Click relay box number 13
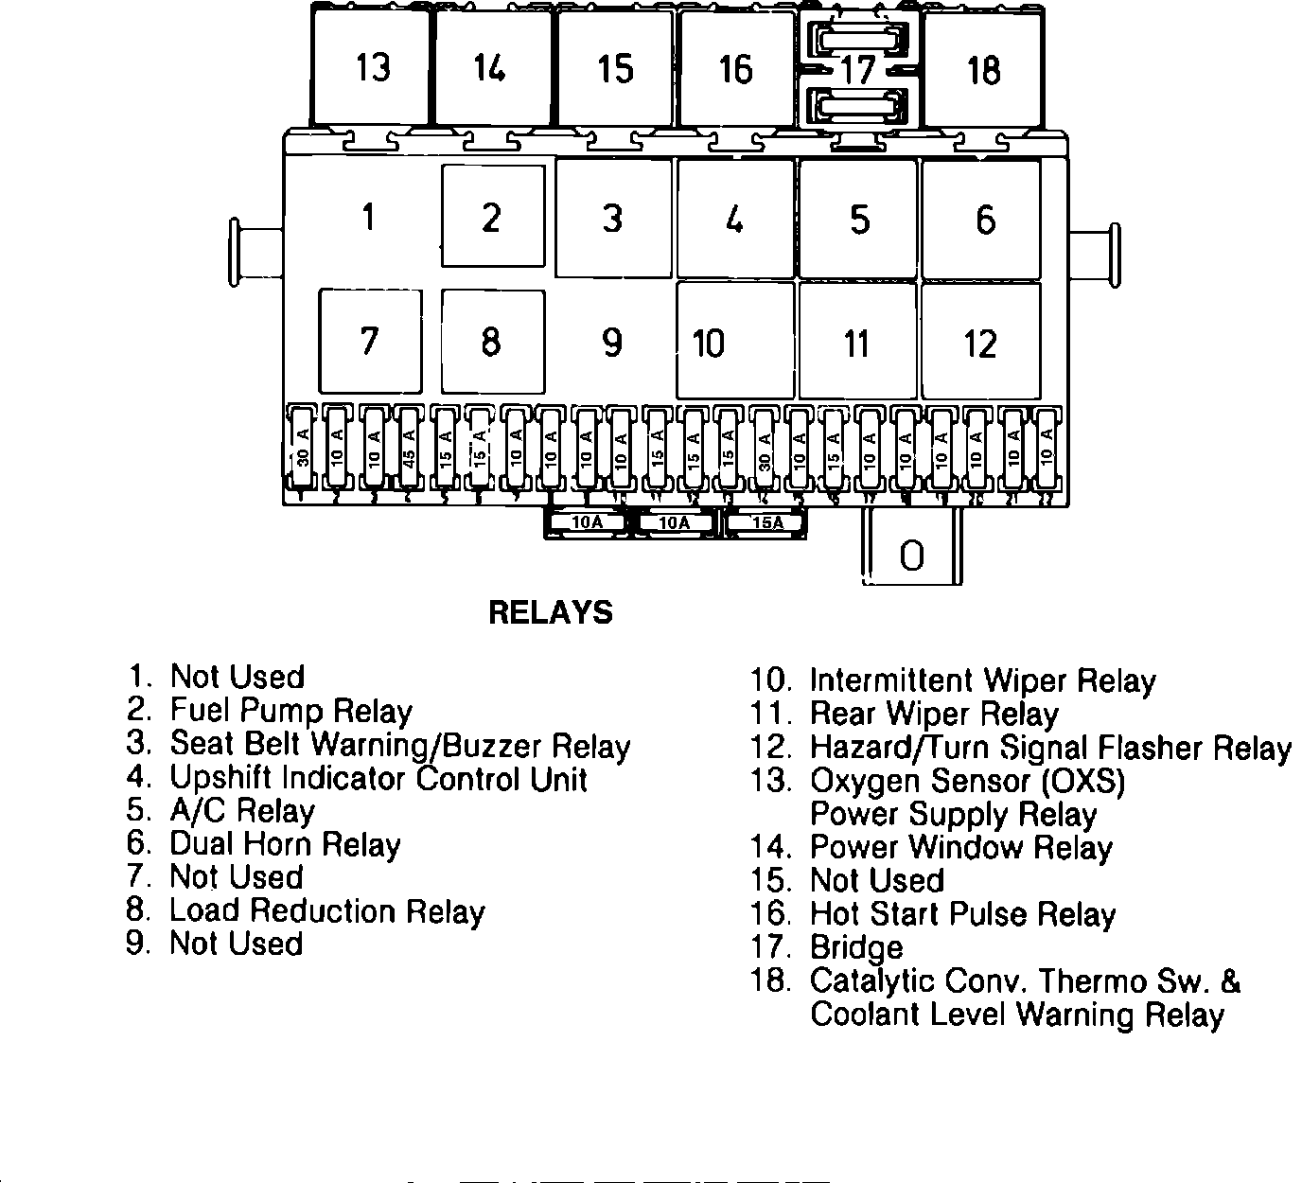coord(373,67)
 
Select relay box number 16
coord(736,68)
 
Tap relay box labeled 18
coord(983,69)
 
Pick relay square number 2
coord(492,217)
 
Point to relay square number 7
coord(370,341)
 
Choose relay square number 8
coord(492,341)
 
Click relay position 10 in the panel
coord(734,342)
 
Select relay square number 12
coord(980,342)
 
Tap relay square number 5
coord(858,219)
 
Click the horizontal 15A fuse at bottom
coord(765,522)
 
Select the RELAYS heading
coord(550,612)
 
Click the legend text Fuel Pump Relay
coord(290,711)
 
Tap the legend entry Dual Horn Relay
coord(284,843)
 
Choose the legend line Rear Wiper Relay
coord(933,715)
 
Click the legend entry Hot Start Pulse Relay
coord(962,914)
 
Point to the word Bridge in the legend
coord(856,947)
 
